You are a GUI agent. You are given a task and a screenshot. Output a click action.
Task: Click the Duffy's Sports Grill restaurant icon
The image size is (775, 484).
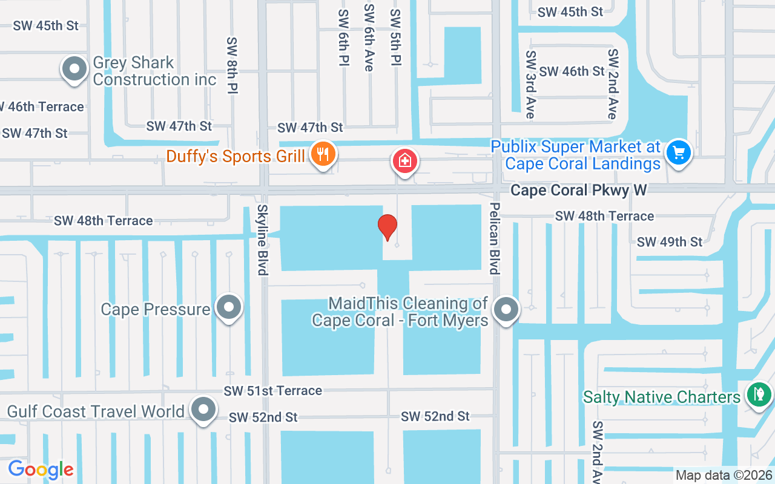pyautogui.click(x=323, y=154)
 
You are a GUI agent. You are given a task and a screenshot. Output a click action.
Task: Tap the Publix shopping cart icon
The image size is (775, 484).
pyautogui.click(x=678, y=152)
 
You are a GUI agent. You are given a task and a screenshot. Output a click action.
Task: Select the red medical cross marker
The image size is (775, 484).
pyautogui.click(x=404, y=161)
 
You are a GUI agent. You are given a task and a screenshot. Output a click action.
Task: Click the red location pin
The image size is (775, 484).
pyautogui.click(x=387, y=227)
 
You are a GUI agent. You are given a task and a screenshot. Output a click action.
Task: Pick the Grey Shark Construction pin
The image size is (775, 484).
pyautogui.click(x=74, y=69)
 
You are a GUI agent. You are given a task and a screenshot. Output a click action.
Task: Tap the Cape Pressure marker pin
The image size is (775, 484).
pyautogui.click(x=228, y=307)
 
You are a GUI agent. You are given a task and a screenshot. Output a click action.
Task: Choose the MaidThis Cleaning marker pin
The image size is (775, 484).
pyautogui.click(x=506, y=310)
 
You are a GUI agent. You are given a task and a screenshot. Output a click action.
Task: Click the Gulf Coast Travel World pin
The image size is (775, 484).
pyautogui.click(x=203, y=410)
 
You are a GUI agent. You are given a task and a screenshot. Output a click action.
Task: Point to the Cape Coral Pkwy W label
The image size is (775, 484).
pyautogui.click(x=578, y=191)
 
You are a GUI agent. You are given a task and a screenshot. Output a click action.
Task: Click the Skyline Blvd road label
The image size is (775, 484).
pyautogui.click(x=262, y=240)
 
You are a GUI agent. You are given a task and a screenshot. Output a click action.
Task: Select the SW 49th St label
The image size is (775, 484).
pyautogui.click(x=669, y=242)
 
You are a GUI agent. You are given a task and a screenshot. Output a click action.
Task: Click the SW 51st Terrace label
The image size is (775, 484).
pyautogui.click(x=272, y=391)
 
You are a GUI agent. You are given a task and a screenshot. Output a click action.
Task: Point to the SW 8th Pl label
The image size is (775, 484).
pyautogui.click(x=231, y=65)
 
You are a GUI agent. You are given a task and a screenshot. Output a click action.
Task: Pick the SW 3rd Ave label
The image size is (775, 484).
pyautogui.click(x=530, y=84)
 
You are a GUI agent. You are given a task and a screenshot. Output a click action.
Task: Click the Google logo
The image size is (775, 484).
pyautogui.click(x=41, y=469)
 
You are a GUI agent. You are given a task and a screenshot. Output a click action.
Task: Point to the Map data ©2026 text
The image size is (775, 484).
pyautogui.click(x=724, y=476)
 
